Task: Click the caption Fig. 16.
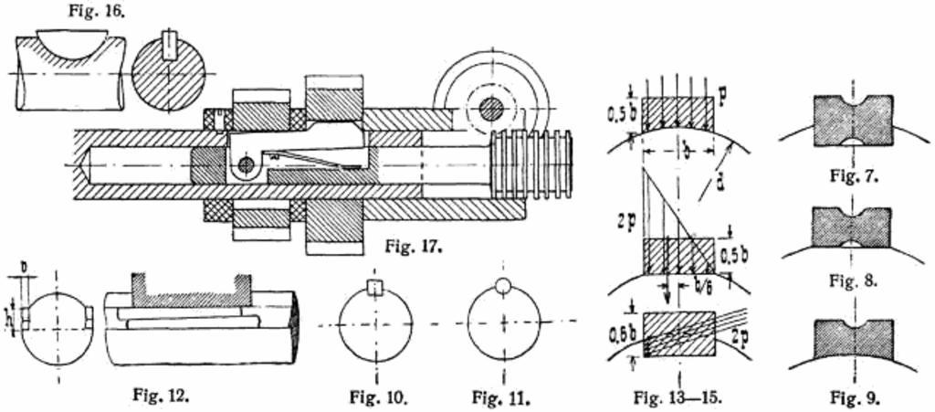(96, 11)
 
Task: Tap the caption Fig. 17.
(414, 246)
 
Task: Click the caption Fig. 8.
(854, 280)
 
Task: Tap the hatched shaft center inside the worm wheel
(491, 108)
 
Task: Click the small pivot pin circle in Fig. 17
(245, 164)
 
